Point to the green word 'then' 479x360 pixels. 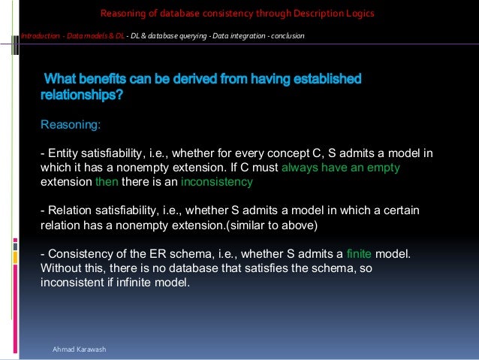(x=106, y=182)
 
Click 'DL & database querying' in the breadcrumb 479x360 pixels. (x=169, y=36)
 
